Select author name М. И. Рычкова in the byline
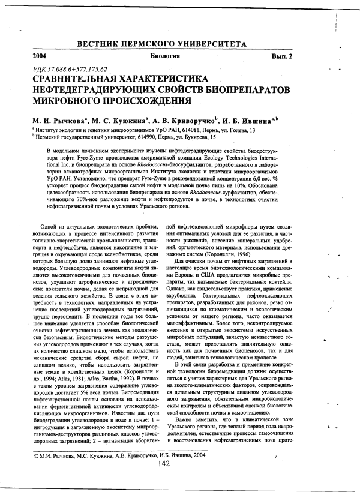tap(56, 119)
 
